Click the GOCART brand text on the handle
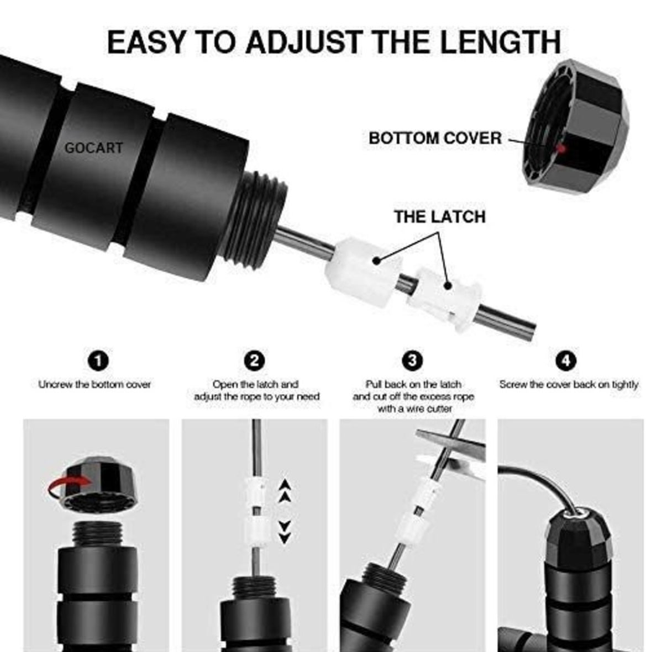point(93,148)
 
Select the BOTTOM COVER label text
point(435,138)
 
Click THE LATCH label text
point(440,216)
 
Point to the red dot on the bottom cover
point(561,149)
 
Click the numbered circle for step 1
point(98,361)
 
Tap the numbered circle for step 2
point(254,361)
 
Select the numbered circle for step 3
point(412,361)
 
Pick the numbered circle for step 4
point(566,361)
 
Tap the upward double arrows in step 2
point(285,490)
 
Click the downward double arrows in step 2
point(285,532)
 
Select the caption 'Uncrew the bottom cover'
point(94,385)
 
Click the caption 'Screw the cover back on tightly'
point(569,385)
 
